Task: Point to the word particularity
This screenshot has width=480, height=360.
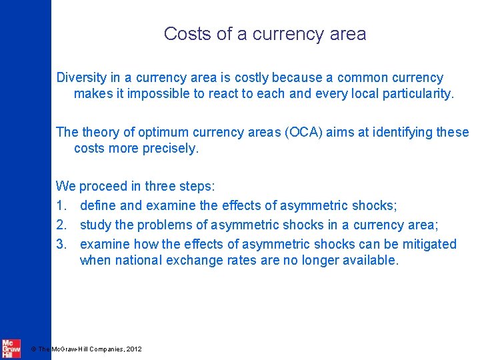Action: [x=418, y=94]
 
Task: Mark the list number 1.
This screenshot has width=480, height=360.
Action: [x=61, y=206]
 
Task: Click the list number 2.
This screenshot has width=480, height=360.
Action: [x=61, y=225]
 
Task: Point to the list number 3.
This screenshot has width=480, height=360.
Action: [x=61, y=244]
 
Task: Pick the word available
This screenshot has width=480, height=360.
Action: [x=369, y=261]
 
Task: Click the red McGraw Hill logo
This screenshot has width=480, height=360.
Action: [x=11, y=348]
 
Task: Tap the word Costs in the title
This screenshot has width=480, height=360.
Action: [x=188, y=34]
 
